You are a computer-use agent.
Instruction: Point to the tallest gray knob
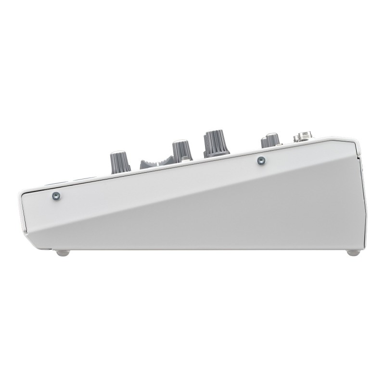click(216, 142)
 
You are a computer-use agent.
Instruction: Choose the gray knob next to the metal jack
click(269, 140)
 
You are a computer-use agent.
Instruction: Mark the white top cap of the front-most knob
click(120, 153)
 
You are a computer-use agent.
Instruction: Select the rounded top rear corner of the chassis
click(354, 141)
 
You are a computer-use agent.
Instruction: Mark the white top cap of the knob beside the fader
click(181, 141)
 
